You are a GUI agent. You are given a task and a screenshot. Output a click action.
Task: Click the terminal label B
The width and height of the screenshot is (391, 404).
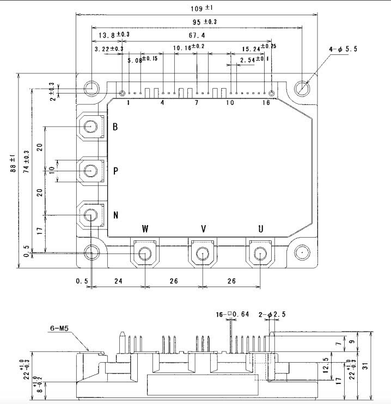click(115, 127)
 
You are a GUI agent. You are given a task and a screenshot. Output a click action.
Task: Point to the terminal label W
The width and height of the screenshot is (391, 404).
click(145, 228)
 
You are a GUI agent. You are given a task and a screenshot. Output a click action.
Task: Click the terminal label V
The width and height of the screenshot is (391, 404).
click(203, 228)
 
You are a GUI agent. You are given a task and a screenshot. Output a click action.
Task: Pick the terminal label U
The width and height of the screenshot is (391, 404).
click(261, 228)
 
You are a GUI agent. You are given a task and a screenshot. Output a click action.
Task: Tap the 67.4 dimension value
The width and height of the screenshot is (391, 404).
click(197, 35)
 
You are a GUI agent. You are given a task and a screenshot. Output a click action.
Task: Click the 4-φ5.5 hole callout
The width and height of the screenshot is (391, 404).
click(343, 49)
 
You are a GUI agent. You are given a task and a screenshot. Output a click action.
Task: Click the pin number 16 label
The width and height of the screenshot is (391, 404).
click(265, 103)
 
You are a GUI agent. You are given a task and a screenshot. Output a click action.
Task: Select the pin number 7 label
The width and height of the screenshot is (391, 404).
click(196, 103)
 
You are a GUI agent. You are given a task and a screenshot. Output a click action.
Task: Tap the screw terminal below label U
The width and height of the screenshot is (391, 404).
click(260, 253)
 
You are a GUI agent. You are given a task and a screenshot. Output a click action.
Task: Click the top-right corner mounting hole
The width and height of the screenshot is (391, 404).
click(302, 88)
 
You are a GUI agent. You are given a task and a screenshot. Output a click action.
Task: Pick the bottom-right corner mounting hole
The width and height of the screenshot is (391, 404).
click(302, 253)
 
